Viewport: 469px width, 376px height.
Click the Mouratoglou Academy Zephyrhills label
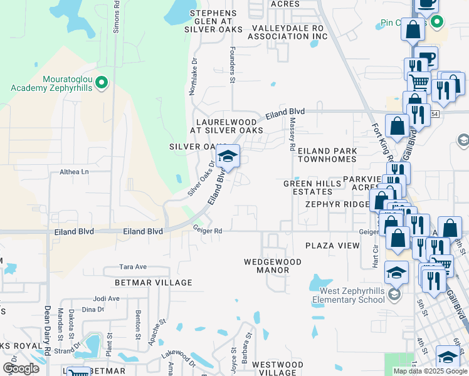pos(51,83)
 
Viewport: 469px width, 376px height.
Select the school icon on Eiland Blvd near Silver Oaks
pos(228,157)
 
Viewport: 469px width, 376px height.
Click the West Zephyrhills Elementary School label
pos(352,295)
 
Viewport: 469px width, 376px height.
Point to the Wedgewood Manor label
pos(266,265)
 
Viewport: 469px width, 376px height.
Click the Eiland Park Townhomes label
pos(327,155)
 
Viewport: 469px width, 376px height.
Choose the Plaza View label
pos(332,246)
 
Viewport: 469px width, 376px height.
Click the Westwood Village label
pos(277,368)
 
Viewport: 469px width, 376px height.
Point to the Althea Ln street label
pos(75,172)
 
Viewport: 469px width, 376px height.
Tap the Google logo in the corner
pos(21,368)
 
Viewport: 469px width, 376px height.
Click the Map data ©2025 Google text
pos(430,371)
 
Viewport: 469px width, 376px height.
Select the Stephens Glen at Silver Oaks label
pos(213,21)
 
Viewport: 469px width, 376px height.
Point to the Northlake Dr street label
pos(193,78)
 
